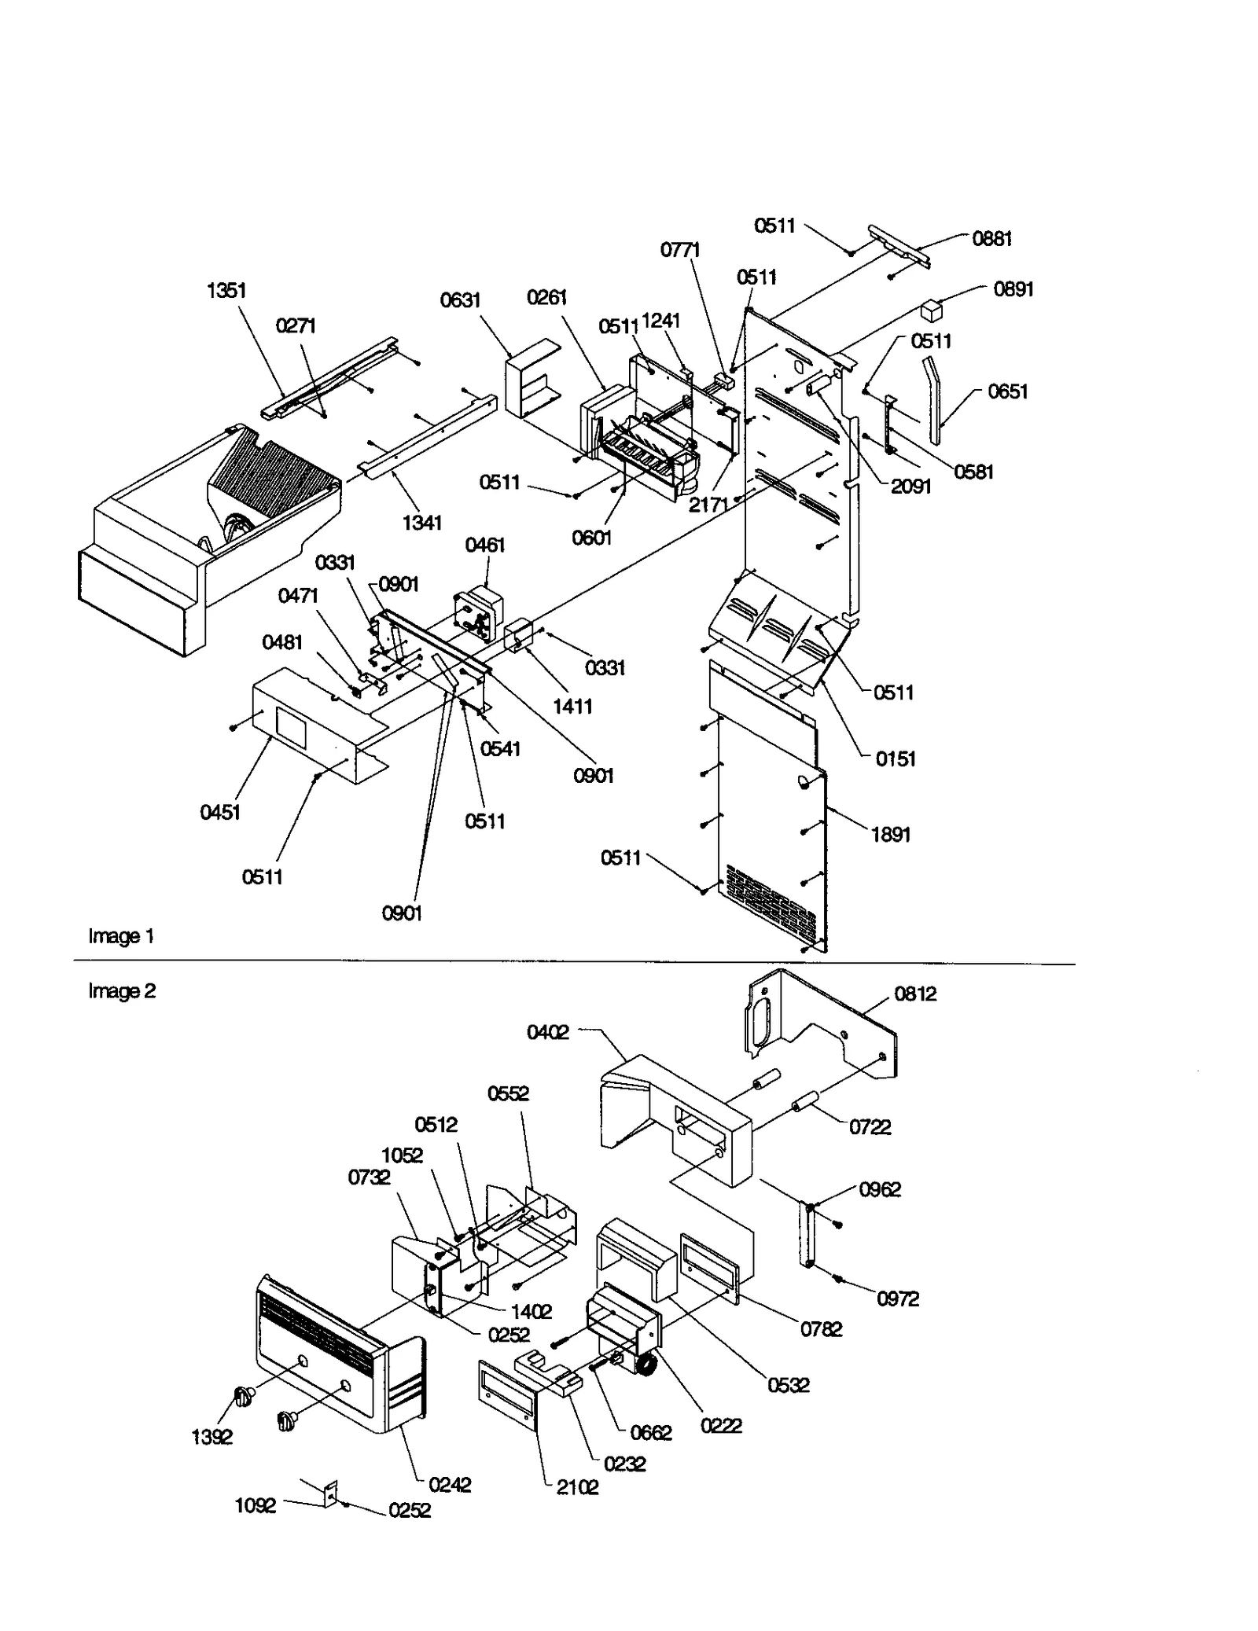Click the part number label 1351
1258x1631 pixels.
[226, 291]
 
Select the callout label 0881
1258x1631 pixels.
[991, 239]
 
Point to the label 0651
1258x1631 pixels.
[1007, 391]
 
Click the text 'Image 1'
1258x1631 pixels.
[121, 936]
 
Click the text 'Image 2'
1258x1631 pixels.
[122, 991]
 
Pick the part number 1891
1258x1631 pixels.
[890, 835]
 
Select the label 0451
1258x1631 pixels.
[220, 813]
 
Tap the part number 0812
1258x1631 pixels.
[915, 994]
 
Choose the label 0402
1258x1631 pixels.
[547, 1032]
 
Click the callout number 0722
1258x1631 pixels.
[870, 1127]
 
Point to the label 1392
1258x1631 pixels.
[212, 1437]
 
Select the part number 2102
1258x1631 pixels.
[577, 1487]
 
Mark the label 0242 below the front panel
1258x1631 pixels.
[450, 1485]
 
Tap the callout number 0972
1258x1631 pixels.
[898, 1299]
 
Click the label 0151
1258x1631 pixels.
[896, 759]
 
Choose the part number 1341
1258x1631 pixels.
[422, 523]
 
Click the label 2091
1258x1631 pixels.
[910, 487]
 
